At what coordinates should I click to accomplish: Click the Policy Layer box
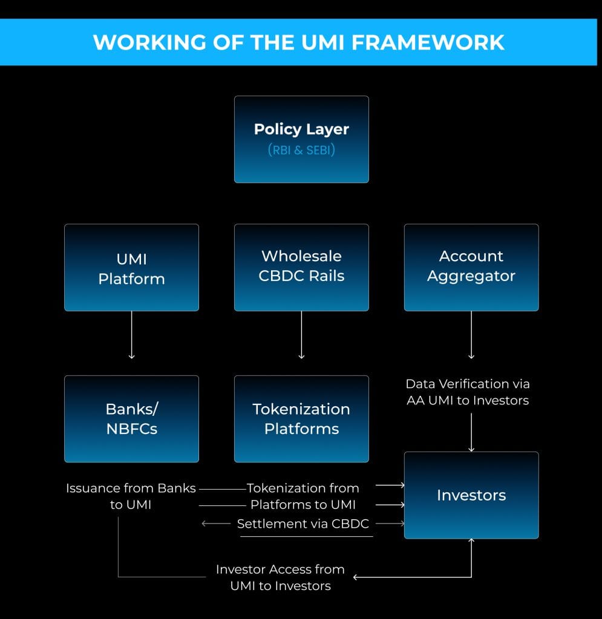click(301, 139)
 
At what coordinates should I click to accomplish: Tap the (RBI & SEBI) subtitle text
click(301, 149)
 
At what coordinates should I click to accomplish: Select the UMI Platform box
click(131, 268)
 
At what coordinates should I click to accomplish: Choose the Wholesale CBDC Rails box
click(301, 267)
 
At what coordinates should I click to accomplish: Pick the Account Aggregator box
click(471, 267)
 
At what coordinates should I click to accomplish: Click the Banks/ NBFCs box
click(131, 419)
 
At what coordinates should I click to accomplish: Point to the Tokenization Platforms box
click(301, 419)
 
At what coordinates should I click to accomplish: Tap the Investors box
click(471, 495)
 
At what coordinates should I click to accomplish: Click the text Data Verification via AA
click(468, 384)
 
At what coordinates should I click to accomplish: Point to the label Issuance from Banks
click(131, 488)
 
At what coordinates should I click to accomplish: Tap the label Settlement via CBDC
click(303, 523)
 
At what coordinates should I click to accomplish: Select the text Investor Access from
click(280, 569)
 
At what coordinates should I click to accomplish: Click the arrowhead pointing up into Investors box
click(471, 542)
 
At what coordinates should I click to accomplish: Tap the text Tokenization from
click(303, 488)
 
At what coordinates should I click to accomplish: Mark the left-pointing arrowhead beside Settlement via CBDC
click(204, 523)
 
